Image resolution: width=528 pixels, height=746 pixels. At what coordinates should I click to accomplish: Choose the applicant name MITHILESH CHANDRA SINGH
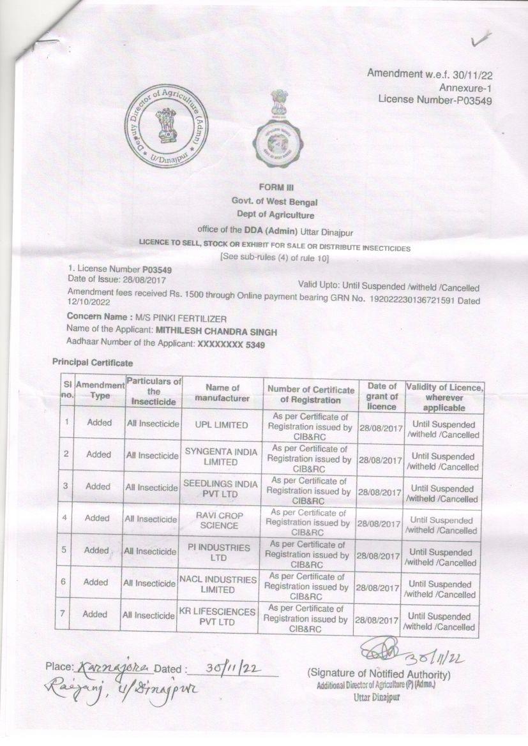click(217, 331)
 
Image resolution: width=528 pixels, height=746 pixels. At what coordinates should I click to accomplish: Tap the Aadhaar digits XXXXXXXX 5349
click(232, 345)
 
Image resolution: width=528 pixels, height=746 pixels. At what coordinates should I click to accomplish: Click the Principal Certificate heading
click(93, 362)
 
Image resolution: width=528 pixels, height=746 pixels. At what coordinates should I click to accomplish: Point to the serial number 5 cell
click(66, 549)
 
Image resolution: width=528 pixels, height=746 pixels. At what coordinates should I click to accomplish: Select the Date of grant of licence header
click(382, 396)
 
